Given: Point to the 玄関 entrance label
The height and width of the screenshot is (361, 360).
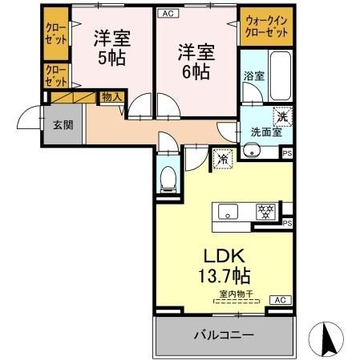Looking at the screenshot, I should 63,124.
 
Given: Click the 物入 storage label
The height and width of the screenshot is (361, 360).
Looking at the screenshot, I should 111,97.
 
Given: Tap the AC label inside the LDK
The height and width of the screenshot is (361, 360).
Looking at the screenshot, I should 280,300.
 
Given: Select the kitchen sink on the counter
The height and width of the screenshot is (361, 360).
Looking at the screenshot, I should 229,213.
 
